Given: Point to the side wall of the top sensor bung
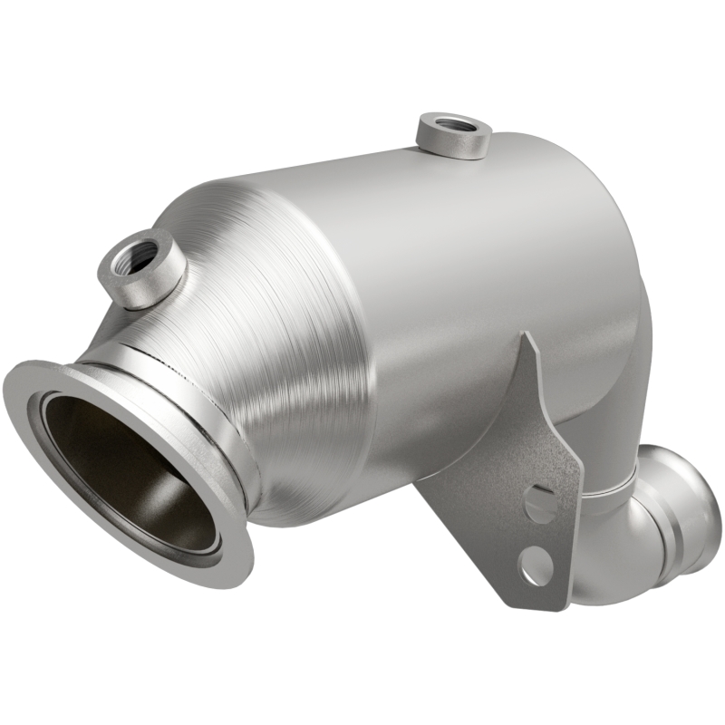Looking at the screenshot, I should click(453, 146).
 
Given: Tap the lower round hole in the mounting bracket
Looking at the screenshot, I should click(536, 567).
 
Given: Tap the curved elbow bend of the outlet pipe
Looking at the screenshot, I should click(625, 562).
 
